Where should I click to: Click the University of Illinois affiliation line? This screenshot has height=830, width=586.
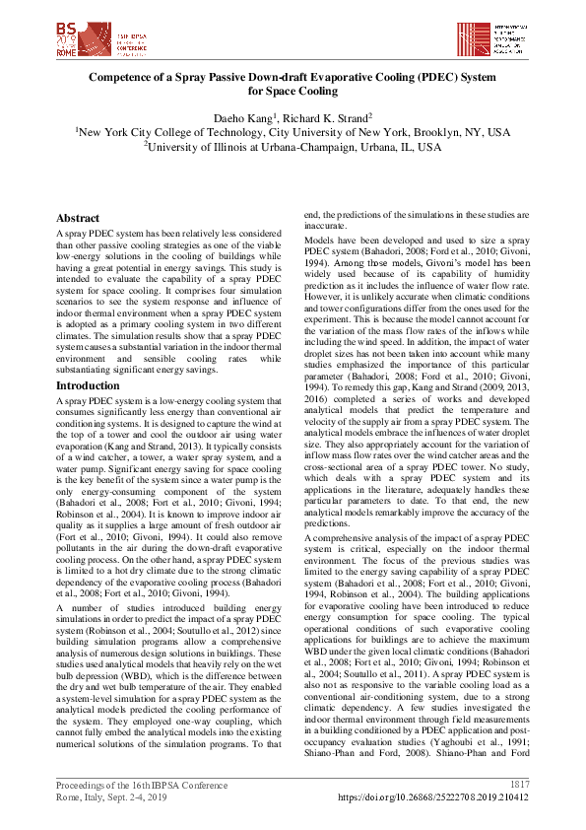point(293,146)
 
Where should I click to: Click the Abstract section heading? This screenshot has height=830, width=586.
point(78,218)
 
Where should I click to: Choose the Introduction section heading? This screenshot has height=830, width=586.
point(88,386)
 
